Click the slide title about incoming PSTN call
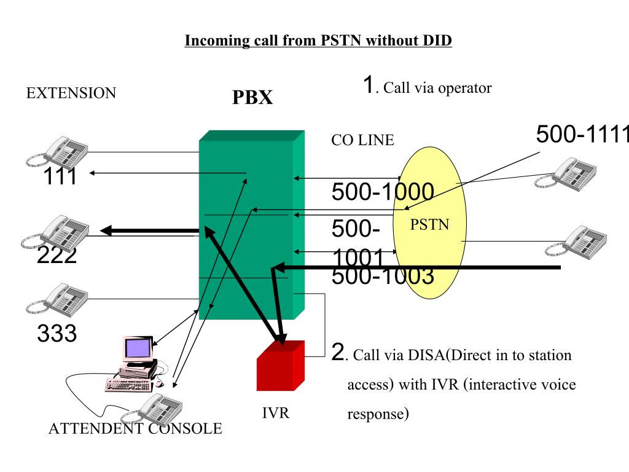click(x=318, y=41)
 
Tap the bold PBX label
click(x=252, y=98)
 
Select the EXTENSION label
click(x=71, y=93)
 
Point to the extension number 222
click(x=57, y=255)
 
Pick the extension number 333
click(x=57, y=334)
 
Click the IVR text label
click(x=276, y=413)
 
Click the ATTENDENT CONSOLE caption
click(x=135, y=429)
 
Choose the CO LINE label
click(x=362, y=140)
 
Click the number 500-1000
click(x=383, y=192)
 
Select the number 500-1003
click(x=383, y=277)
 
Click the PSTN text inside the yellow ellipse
click(x=430, y=225)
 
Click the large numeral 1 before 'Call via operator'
click(x=368, y=85)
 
